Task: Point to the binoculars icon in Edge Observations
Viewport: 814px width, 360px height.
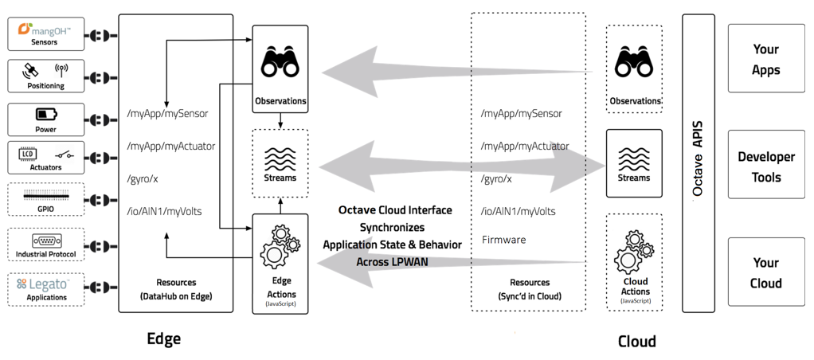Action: [x=280, y=62]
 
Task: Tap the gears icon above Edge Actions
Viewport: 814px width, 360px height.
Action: [x=280, y=245]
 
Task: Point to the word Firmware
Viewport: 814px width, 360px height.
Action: [x=503, y=240]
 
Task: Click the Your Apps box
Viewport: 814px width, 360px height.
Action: [x=766, y=60]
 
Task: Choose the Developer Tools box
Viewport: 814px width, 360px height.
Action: [x=766, y=166]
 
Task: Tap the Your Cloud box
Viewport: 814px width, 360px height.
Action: [x=766, y=272]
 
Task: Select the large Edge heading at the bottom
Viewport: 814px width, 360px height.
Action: [x=164, y=338]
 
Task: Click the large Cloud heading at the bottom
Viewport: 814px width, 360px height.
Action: [x=637, y=341]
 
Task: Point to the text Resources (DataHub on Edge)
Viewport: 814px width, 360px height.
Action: [x=176, y=289]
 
